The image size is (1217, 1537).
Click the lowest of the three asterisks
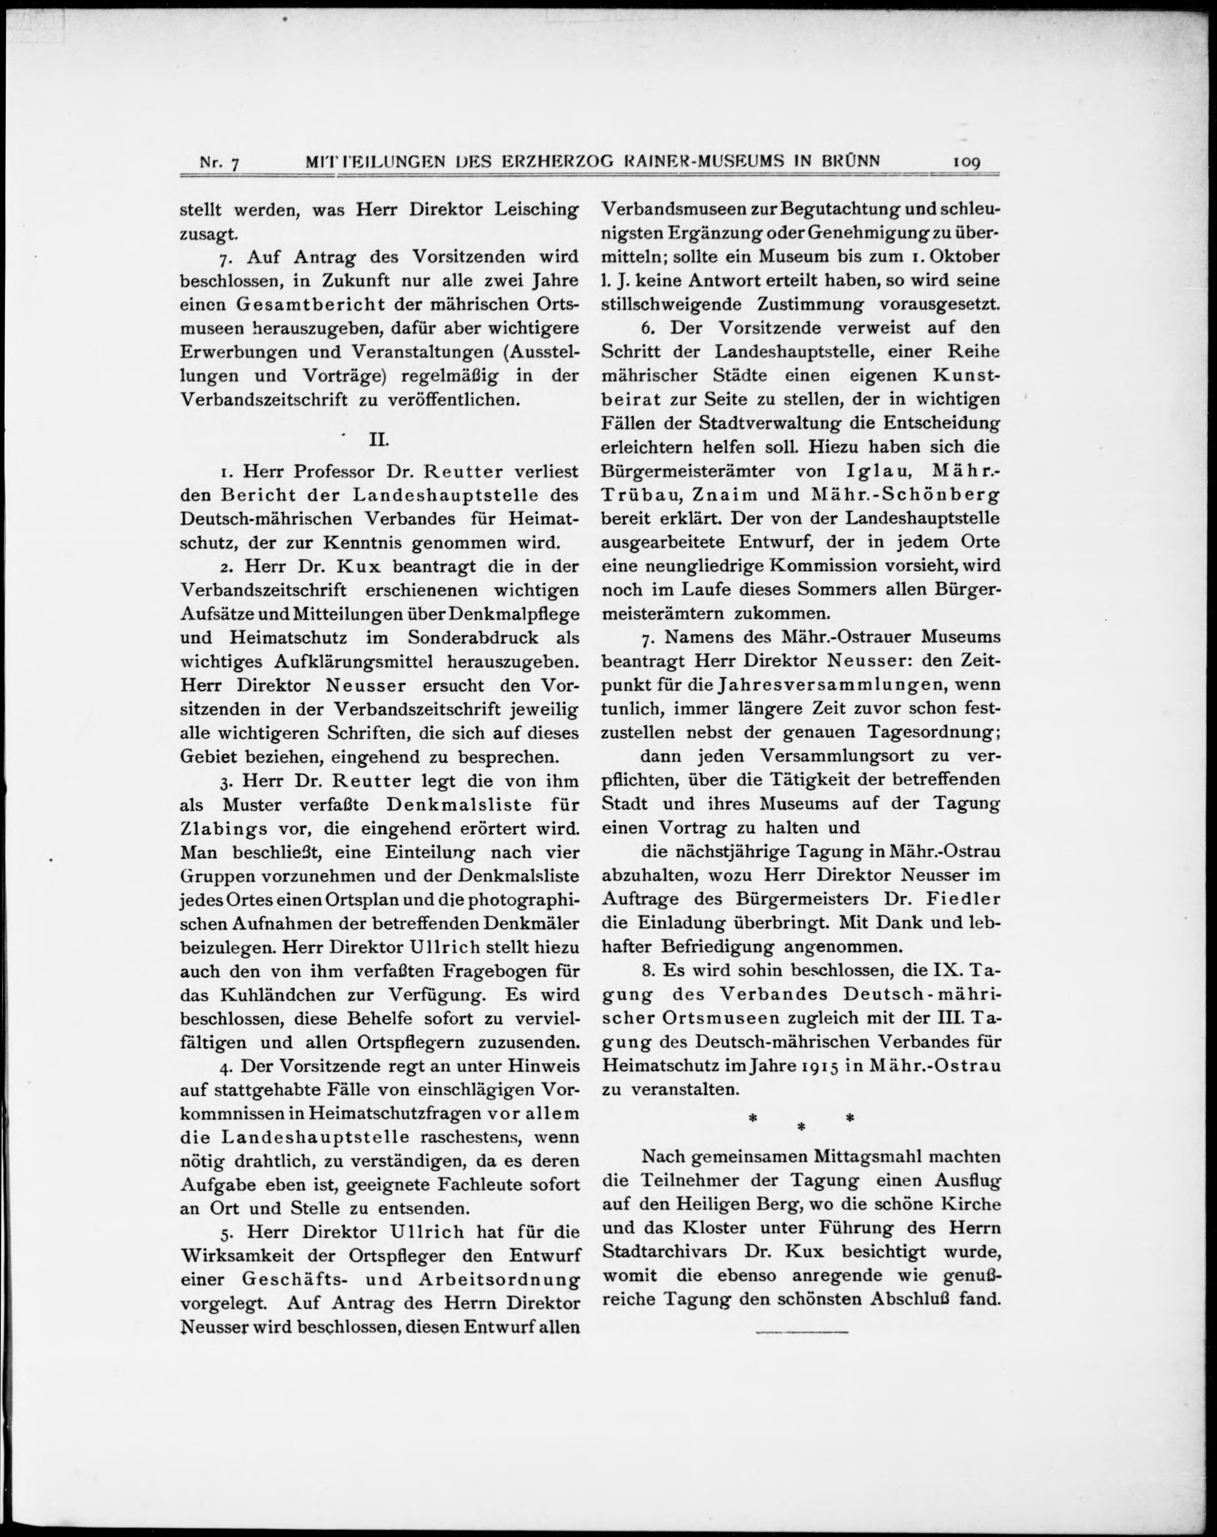coord(801,1127)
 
